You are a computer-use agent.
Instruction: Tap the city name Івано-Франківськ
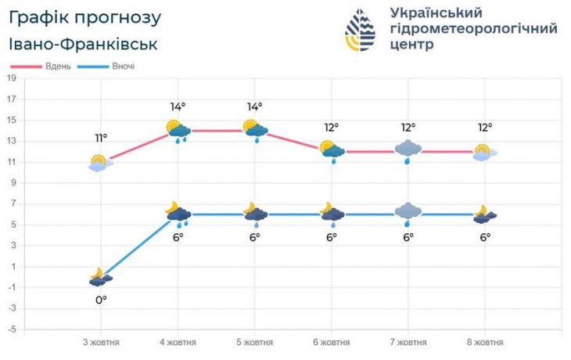pos(84,44)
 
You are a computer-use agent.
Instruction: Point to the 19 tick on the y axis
pos(12,78)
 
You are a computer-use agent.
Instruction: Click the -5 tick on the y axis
pos(12,329)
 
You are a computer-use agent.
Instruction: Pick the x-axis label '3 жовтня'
pos(101,343)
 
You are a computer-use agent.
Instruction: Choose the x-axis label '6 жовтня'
pos(332,343)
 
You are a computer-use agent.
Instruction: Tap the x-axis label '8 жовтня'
pos(485,343)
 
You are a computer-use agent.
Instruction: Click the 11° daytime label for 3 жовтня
pos(101,138)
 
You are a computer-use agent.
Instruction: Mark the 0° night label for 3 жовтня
pos(101,299)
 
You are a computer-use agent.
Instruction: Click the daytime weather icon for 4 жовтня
pos(178,131)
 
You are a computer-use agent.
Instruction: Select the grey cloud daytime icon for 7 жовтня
pos(408,149)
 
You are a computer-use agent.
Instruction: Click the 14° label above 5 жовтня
pos(255,106)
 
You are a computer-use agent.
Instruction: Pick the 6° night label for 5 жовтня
pos(255,236)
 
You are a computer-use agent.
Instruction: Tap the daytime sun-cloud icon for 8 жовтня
pos(485,152)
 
